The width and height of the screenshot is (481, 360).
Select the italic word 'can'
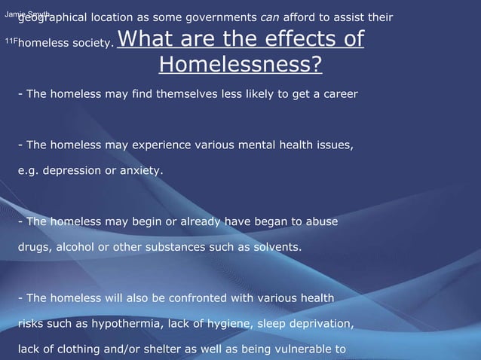[271, 18]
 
